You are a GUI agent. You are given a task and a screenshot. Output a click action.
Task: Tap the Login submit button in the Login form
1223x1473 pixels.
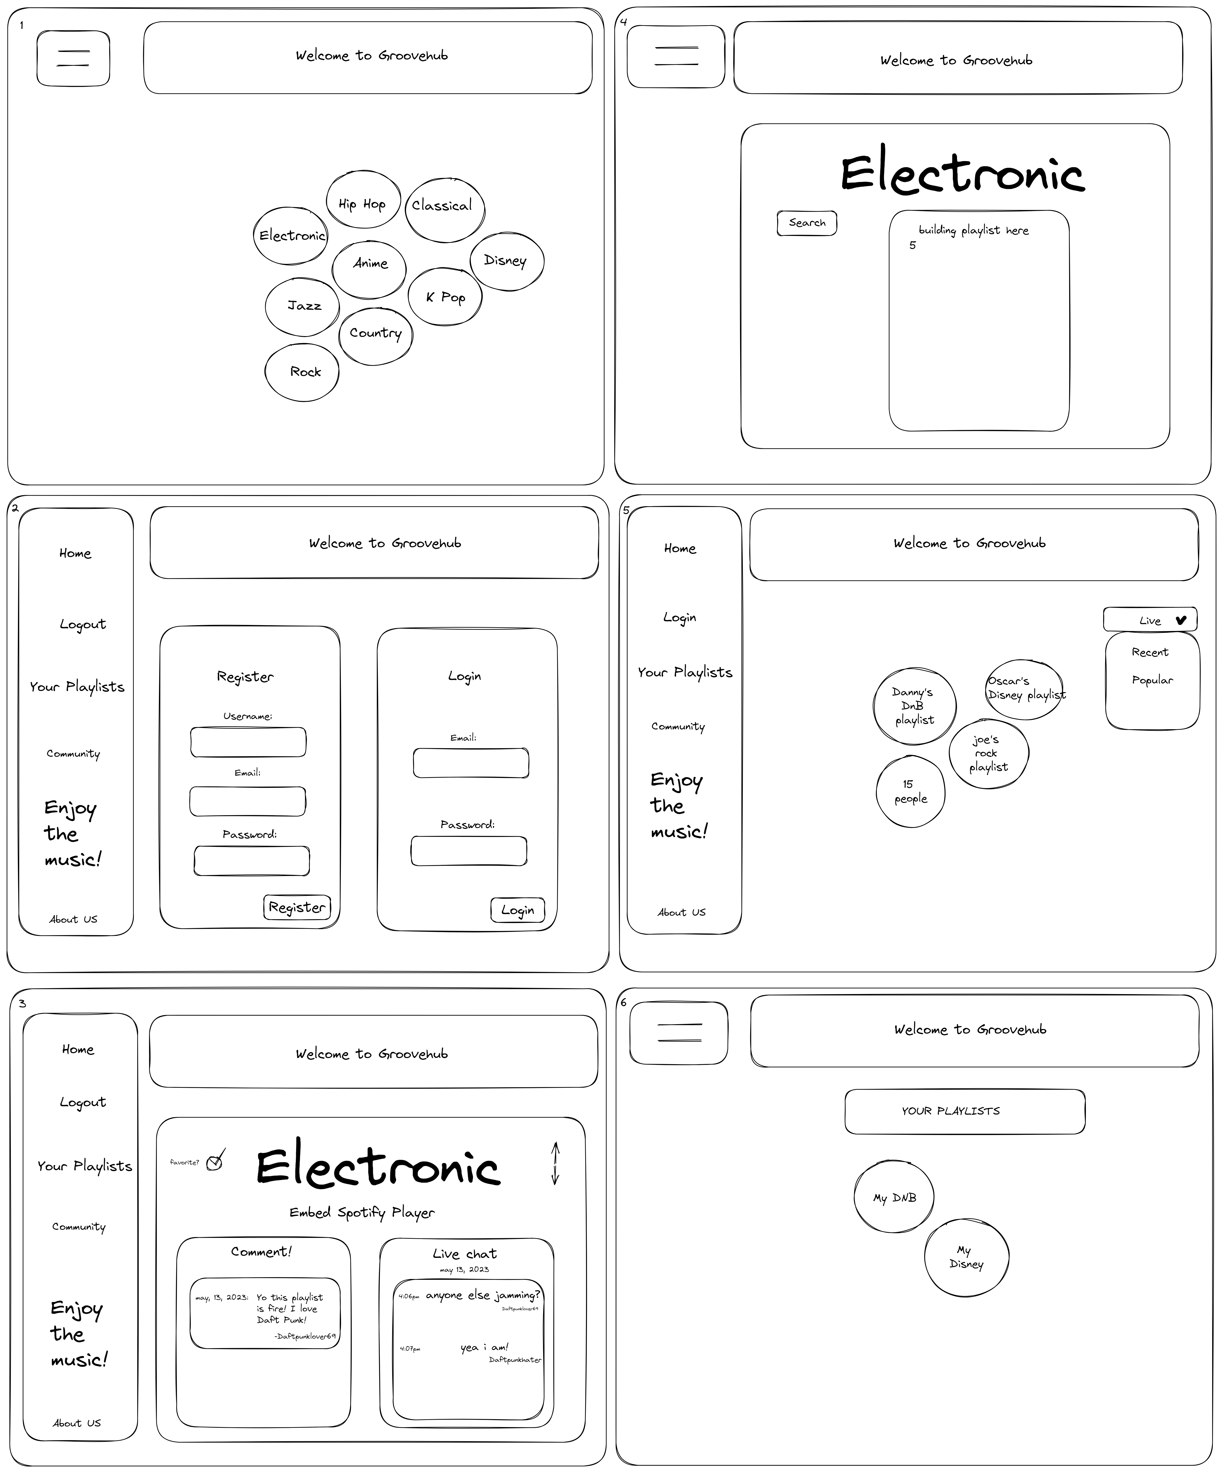(x=518, y=910)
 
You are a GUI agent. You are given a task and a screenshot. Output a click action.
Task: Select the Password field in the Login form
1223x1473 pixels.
(x=468, y=851)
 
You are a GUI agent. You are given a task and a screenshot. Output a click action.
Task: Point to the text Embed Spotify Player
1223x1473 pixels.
(x=362, y=1212)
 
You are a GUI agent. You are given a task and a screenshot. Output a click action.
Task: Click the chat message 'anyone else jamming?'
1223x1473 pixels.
(x=482, y=1295)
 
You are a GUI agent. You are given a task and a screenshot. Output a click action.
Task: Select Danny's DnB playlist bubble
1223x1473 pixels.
(x=914, y=706)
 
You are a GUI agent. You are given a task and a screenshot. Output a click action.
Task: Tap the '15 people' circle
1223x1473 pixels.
(x=910, y=791)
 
